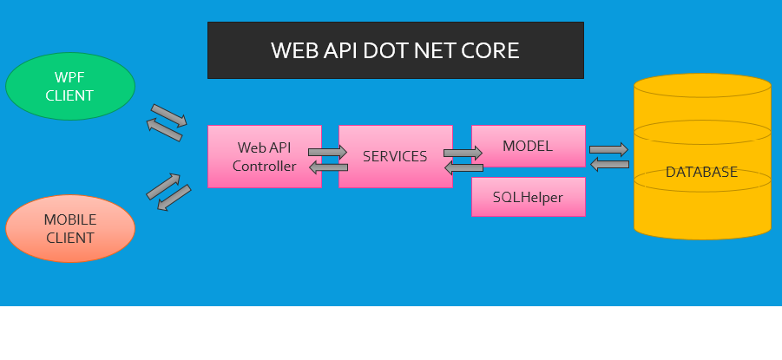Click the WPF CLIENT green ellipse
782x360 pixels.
click(69, 87)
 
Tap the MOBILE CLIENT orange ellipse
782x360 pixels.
click(69, 229)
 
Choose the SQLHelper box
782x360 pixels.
click(528, 198)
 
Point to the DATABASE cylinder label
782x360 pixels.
click(701, 172)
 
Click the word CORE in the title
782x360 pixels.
click(491, 50)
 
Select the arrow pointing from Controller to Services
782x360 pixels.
click(327, 152)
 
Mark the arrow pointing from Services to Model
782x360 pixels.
click(463, 153)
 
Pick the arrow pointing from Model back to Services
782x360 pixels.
click(463, 168)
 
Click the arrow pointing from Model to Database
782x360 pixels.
click(608, 149)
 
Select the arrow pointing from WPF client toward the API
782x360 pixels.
click(168, 115)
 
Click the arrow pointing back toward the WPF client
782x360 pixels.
click(163, 131)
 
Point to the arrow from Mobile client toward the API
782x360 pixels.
click(163, 185)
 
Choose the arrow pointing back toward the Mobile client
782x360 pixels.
click(174, 198)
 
